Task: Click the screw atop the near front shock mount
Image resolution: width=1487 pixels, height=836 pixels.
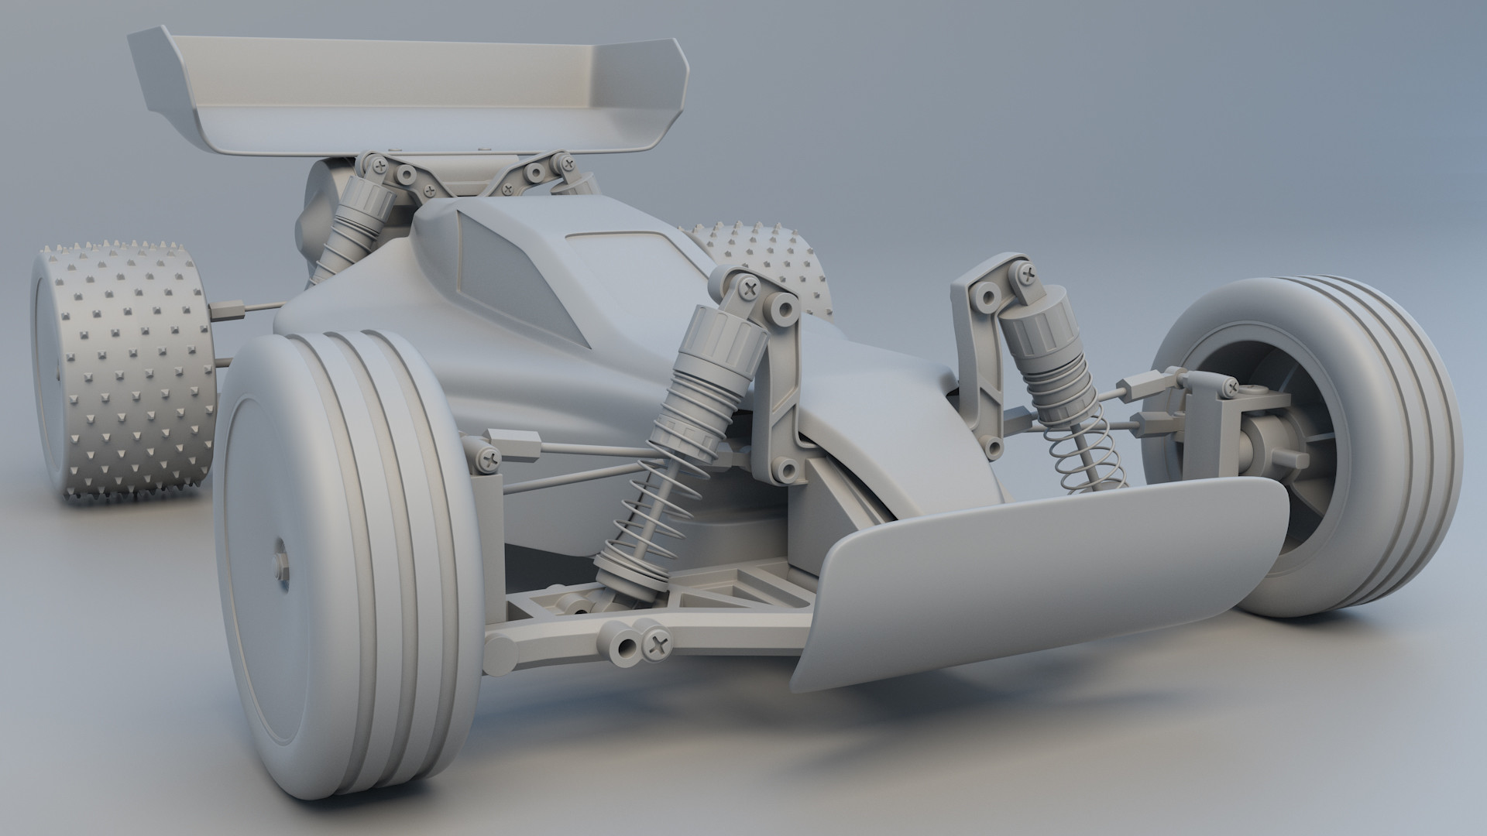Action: click(x=749, y=289)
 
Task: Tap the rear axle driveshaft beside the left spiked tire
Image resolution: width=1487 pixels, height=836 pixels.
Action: click(x=248, y=310)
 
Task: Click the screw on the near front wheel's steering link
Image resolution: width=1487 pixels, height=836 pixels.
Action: click(x=489, y=459)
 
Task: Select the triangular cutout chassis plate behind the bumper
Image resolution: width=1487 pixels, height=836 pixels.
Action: click(x=720, y=588)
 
